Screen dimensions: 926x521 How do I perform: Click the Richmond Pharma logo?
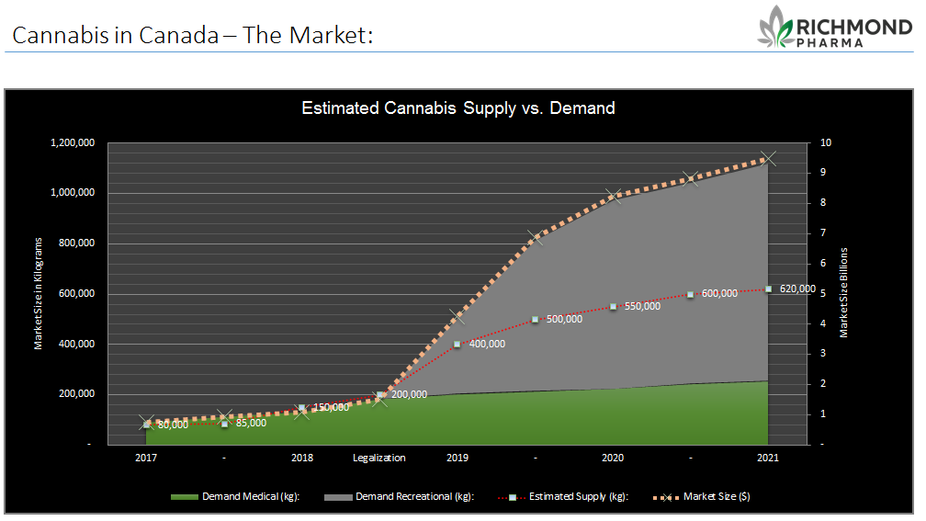(835, 28)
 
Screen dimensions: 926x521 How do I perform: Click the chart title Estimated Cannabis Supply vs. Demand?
(458, 108)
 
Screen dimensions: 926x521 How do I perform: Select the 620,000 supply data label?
(797, 289)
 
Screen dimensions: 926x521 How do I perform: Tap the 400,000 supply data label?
(487, 344)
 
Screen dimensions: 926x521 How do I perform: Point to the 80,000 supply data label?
(173, 425)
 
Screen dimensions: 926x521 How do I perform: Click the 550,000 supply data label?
(642, 306)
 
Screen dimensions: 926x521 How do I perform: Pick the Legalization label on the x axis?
(379, 458)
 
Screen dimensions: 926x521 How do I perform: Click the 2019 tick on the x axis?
(457, 458)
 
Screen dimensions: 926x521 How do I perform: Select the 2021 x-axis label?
(768, 458)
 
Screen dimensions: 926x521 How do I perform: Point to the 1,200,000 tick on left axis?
(73, 143)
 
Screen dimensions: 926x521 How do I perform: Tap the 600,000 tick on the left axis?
(77, 294)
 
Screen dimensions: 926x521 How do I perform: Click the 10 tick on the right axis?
(826, 143)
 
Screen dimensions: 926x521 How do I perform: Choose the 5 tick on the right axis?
(823, 294)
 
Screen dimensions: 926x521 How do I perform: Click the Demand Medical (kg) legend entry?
(235, 497)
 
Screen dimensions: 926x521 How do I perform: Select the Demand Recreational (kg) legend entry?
(400, 497)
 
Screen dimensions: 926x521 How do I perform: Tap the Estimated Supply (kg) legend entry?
(563, 497)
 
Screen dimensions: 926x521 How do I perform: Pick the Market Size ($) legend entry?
(702, 497)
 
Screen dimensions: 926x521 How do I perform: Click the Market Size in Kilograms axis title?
(39, 294)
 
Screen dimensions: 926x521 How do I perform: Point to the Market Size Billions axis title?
(844, 292)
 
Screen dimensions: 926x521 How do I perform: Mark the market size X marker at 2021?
(768, 158)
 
